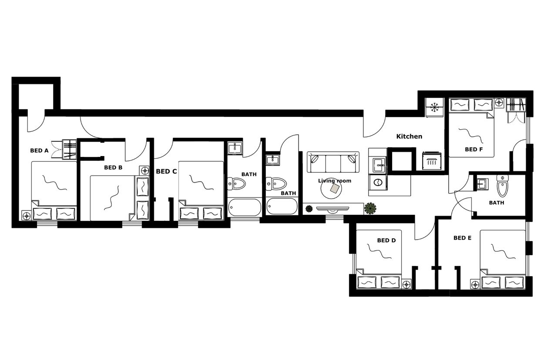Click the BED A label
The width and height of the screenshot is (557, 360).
point(39,150)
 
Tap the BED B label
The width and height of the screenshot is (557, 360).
point(113,167)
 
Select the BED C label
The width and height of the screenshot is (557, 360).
point(166,171)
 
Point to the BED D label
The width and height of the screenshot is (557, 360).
point(386,240)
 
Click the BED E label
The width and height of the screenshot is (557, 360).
point(462,238)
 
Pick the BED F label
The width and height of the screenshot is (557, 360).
point(474,149)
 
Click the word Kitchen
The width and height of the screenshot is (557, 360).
point(409,136)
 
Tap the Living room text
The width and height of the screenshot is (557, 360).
point(334,181)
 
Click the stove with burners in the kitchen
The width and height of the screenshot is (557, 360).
point(432,161)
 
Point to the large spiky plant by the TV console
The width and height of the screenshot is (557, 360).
point(370,209)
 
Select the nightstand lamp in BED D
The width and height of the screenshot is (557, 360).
point(407,284)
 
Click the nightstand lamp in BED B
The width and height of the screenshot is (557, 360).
point(144,170)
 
